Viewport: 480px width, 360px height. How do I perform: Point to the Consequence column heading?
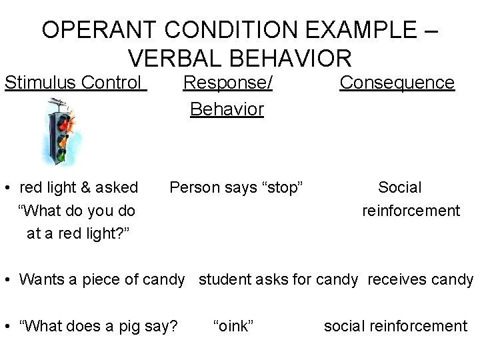397,83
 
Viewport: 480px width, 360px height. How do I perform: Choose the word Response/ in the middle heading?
228,83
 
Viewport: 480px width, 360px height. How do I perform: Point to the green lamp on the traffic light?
60,155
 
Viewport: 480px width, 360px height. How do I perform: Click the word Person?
193,188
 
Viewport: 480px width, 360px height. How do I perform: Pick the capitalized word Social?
400,188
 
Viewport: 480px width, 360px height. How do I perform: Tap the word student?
224,279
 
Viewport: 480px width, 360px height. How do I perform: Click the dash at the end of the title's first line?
431,31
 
